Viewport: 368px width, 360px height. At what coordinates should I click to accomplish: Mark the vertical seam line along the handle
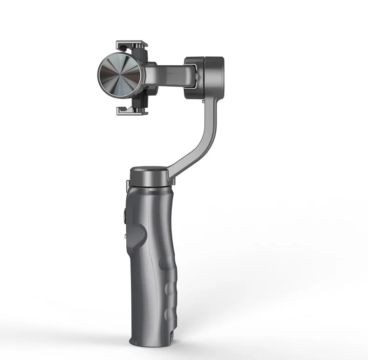coord(150,261)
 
